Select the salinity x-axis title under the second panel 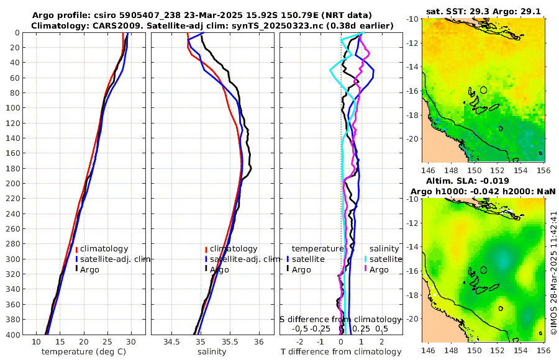coord(212,352)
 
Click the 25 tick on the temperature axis coord(107,342)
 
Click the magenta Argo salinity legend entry coord(377,269)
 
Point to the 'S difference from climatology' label coord(340,319)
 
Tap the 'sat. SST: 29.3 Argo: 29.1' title coord(484,12)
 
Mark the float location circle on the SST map coord(484,90)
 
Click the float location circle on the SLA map coord(484,269)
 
